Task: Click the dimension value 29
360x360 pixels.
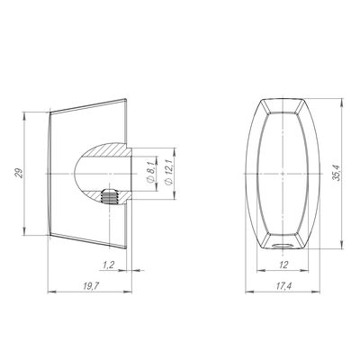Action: pos(20,174)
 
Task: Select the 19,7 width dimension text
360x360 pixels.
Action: pos(91,286)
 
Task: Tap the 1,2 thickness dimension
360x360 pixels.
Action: pos(109,265)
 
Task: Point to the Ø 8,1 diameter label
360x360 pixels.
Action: pos(150,171)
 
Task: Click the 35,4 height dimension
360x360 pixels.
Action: pos(337,174)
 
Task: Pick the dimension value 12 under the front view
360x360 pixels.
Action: pos(283,265)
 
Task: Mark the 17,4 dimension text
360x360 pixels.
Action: pos(283,286)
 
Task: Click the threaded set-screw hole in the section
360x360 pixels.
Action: pos(111,197)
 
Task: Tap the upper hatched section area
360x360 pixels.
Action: pos(106,150)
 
